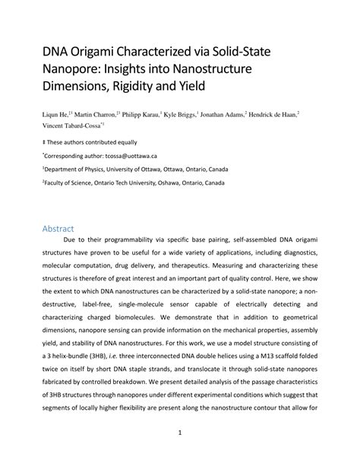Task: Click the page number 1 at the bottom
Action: point(180,435)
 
